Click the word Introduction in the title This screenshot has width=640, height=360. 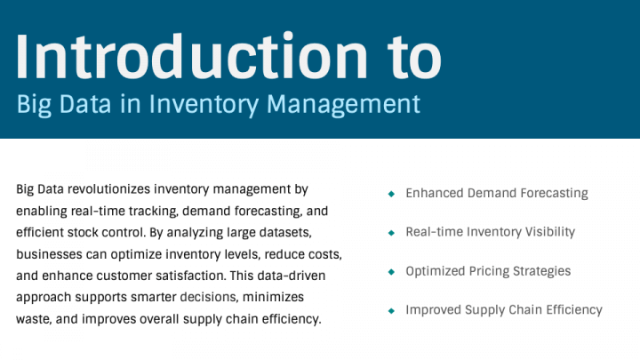coord(192,56)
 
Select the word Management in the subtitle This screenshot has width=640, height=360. coord(343,104)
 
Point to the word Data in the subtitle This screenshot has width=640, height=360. coord(85,104)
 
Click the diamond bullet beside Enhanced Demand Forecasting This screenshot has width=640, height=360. coord(391,194)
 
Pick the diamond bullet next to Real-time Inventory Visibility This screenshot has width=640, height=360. coord(391,233)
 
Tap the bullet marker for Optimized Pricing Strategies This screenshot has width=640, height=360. coord(391,272)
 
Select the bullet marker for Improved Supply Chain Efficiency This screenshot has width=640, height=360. coord(391,310)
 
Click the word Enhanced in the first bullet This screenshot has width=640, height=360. coord(435,193)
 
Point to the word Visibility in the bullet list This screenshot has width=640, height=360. coord(550,232)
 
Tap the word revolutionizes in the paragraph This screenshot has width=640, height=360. coord(109,189)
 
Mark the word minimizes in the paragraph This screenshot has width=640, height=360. coord(273,297)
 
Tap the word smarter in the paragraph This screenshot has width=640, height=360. coord(154,298)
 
